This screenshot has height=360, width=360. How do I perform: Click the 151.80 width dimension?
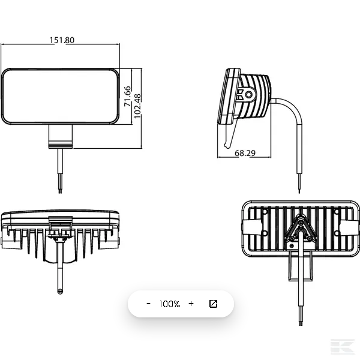coord(62,40)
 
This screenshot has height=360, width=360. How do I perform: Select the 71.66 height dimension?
coord(127,96)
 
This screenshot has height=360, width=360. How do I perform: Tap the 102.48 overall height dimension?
coord(137,106)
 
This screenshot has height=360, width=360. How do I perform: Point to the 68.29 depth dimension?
coord(245,153)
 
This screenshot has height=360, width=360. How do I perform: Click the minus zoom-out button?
coord(149,304)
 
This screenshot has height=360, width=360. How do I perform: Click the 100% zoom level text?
coord(170,304)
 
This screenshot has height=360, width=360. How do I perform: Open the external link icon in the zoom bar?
coord(213,304)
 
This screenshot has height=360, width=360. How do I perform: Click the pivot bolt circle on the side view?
coord(248,94)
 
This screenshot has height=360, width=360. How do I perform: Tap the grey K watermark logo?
coord(342,346)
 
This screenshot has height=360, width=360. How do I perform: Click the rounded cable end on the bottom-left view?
coord(60,291)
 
